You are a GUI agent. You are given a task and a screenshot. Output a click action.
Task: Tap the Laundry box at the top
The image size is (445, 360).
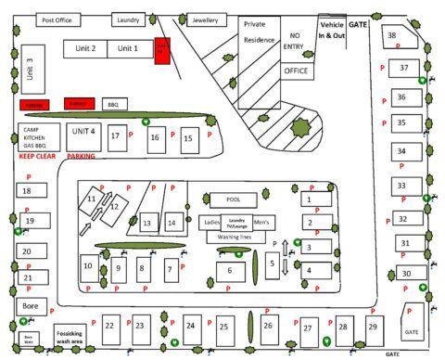click(x=129, y=19)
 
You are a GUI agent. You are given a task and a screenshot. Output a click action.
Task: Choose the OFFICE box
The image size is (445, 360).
click(x=296, y=71)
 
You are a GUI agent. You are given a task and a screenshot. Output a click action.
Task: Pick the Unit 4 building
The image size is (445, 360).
click(x=83, y=134)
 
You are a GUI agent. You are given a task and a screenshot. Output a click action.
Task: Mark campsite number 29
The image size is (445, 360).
click(x=373, y=328)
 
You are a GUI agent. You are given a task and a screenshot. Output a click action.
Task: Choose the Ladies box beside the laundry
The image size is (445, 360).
click(x=210, y=223)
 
